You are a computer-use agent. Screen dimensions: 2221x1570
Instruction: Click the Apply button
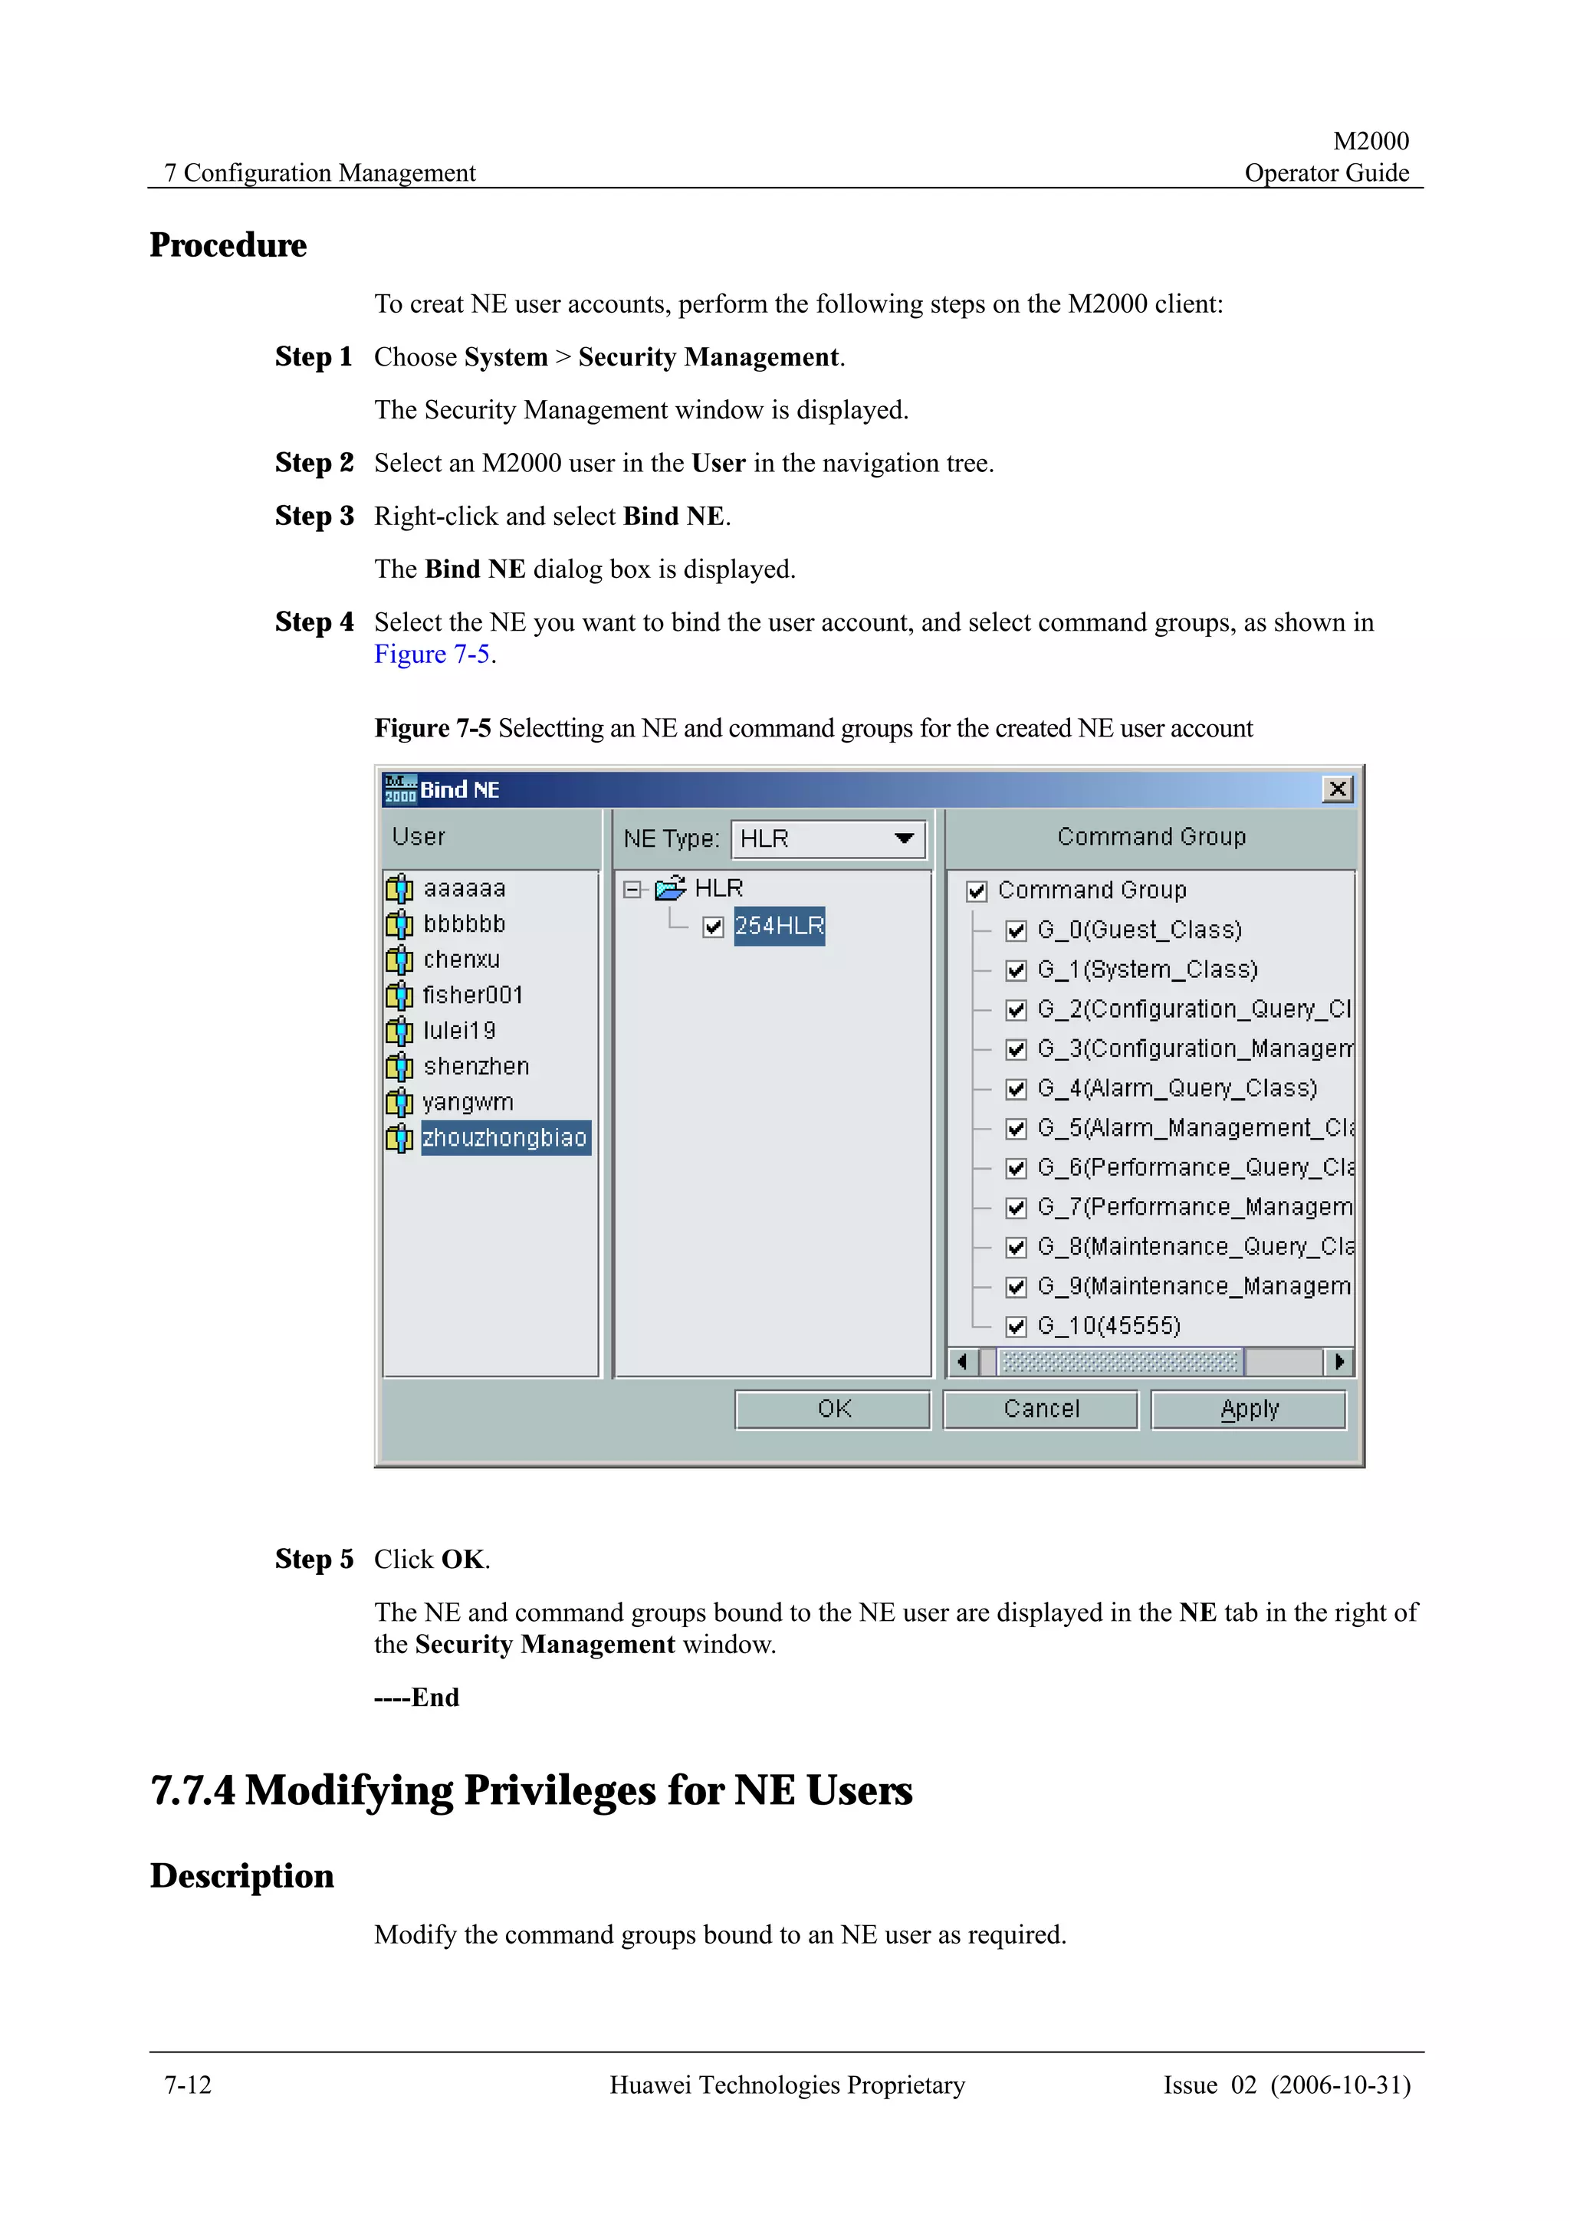[x=1248, y=1409]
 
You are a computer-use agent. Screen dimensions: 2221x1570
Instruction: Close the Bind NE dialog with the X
[x=1337, y=789]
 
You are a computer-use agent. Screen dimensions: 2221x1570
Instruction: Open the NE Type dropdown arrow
[x=904, y=838]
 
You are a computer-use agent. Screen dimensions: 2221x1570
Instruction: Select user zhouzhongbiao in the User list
[x=504, y=1137]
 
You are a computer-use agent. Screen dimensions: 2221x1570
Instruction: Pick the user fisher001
[x=472, y=995]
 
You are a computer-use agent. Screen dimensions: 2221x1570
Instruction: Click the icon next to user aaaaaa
[x=399, y=888]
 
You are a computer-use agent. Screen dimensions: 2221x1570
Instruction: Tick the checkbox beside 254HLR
[x=713, y=927]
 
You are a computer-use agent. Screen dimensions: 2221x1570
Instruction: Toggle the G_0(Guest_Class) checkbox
[x=1016, y=930]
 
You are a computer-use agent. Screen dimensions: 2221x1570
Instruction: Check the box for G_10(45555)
[x=1016, y=1326]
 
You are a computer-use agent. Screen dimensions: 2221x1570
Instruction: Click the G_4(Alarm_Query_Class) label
[x=1176, y=1088]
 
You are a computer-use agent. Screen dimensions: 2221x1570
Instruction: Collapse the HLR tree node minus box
[x=632, y=889]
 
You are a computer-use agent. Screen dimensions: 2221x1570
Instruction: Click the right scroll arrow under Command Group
[x=1338, y=1362]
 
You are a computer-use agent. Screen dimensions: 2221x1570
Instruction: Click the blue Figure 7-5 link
[x=432, y=655]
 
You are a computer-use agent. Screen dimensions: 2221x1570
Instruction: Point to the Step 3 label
[x=314, y=516]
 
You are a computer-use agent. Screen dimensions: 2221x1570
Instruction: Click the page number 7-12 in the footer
[x=188, y=2085]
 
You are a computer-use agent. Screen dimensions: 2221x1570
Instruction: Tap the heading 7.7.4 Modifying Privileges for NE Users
[x=531, y=1790]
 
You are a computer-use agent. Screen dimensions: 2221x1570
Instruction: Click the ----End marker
[x=417, y=1697]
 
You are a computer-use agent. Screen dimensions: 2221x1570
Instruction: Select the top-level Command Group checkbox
[x=976, y=891]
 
